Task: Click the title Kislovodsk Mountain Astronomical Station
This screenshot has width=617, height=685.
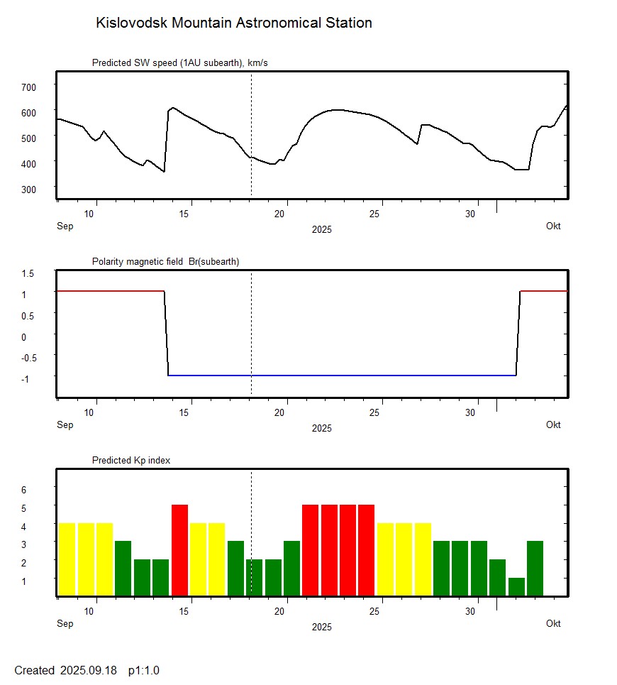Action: click(x=233, y=23)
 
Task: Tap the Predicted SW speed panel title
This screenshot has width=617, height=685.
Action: click(x=179, y=63)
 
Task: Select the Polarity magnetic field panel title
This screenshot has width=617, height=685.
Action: click(x=165, y=262)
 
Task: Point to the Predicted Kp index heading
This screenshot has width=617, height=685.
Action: click(x=131, y=461)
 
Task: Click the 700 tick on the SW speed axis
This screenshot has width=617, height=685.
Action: click(x=28, y=87)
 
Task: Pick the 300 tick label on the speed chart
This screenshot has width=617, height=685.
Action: click(x=28, y=189)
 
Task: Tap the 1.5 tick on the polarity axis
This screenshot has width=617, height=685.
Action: click(x=28, y=273)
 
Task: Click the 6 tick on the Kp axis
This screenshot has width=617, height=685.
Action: click(x=23, y=490)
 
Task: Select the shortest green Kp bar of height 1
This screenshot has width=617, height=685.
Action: click(x=516, y=587)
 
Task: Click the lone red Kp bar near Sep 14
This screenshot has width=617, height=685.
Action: click(x=179, y=550)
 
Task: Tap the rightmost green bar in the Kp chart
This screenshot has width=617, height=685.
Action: click(x=535, y=569)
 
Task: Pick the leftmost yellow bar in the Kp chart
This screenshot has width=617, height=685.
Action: click(x=67, y=559)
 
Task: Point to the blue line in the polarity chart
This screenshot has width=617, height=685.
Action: click(x=340, y=375)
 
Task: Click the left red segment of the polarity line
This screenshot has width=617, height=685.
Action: click(x=110, y=291)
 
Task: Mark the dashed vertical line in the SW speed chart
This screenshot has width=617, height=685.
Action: click(x=251, y=135)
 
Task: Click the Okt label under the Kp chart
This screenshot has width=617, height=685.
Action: click(x=553, y=623)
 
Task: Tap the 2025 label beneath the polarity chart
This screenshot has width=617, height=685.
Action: click(x=321, y=428)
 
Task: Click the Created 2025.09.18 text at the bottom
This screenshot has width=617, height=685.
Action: click(x=87, y=670)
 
